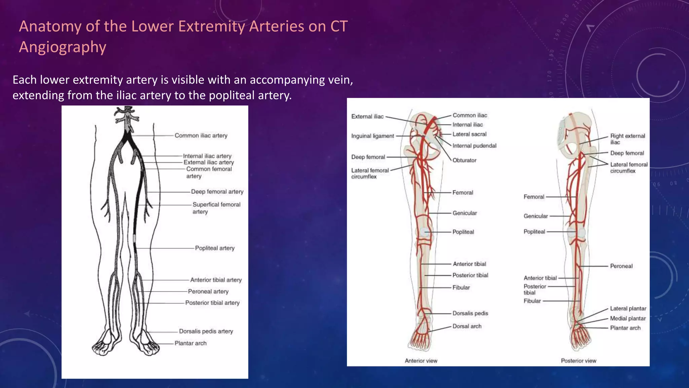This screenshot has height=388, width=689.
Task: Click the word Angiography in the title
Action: pos(63,47)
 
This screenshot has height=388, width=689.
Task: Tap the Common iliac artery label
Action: pos(201,135)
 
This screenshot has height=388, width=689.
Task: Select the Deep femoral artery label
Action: pos(217,192)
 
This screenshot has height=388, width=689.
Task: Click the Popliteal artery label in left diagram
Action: pos(215,248)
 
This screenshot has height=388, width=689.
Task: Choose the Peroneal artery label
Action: pos(208,291)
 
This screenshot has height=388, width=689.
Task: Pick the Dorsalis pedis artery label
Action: pos(206,331)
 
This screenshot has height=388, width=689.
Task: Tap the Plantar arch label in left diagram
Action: pos(190,343)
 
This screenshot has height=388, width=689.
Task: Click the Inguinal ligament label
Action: pos(372,136)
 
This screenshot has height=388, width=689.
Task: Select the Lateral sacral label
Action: pos(469,134)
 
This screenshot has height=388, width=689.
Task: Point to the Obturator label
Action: pos(464,160)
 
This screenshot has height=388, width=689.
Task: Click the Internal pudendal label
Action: pos(474,146)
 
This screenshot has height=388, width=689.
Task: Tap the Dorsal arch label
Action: pos(467,326)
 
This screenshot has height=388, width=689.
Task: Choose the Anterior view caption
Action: pos(421,361)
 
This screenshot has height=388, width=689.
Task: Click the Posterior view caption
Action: pos(578,361)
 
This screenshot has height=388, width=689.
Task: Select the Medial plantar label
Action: pos(628,318)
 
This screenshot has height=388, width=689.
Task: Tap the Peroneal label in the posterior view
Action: pos(621,266)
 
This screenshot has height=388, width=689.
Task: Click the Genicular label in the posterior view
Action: pos(536,216)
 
